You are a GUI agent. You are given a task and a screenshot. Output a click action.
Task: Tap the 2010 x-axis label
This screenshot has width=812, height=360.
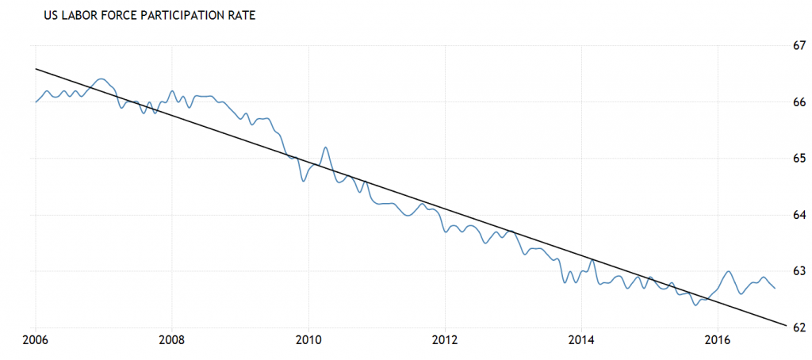pyautogui.click(x=308, y=341)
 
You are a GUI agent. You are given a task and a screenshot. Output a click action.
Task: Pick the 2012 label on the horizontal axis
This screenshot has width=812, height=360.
pyautogui.click(x=445, y=341)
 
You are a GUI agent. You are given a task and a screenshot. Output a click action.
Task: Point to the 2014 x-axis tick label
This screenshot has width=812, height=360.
pyautogui.click(x=581, y=341)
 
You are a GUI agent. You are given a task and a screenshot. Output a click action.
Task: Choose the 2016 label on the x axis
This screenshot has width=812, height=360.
pyautogui.click(x=718, y=341)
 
